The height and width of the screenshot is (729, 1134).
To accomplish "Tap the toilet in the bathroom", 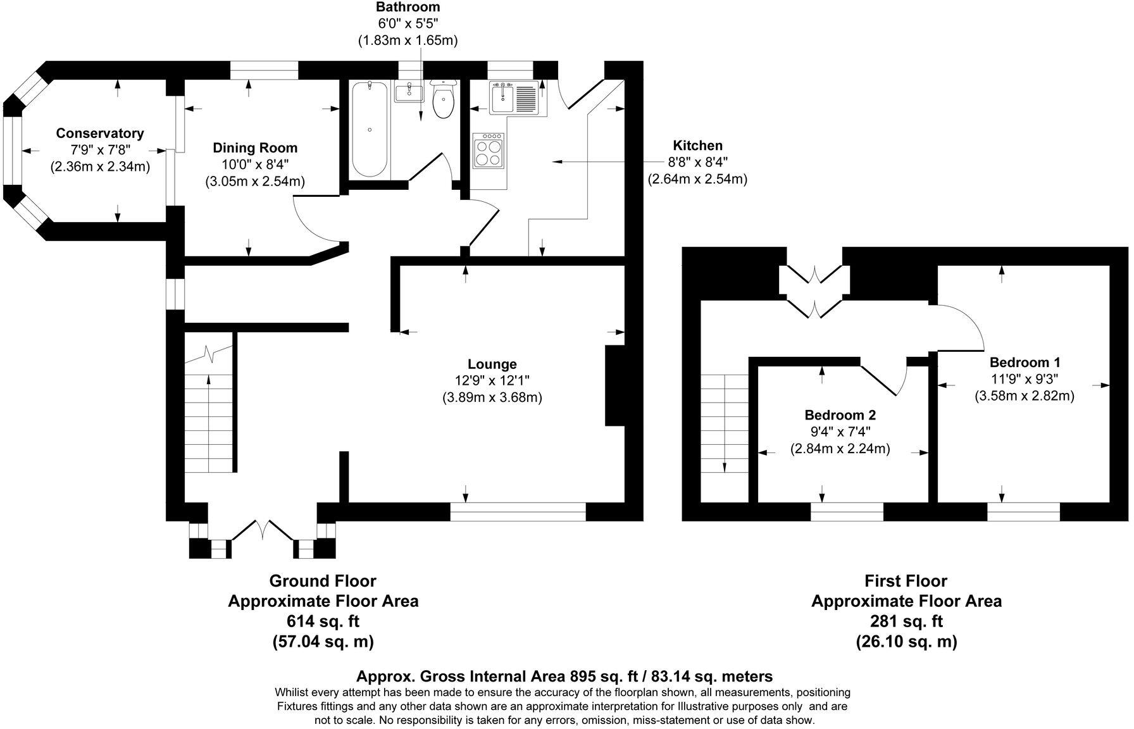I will pyautogui.click(x=443, y=101).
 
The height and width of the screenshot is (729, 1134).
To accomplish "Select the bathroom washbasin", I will pyautogui.click(x=410, y=92).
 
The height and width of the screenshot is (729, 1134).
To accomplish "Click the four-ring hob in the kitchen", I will pyautogui.click(x=488, y=151).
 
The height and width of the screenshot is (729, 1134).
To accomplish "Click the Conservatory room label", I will pyautogui.click(x=100, y=134).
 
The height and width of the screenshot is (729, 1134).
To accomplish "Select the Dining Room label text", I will pyautogui.click(x=255, y=148).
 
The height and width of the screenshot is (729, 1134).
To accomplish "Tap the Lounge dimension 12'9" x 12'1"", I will pyautogui.click(x=492, y=381).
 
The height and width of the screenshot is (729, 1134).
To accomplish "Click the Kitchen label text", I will pyautogui.click(x=697, y=146).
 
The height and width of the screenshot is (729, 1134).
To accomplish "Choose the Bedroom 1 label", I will pyautogui.click(x=1025, y=363).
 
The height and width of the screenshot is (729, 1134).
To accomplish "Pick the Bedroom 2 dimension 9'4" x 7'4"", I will pyautogui.click(x=840, y=432).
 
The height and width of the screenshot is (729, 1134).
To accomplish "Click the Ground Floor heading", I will pyautogui.click(x=323, y=581).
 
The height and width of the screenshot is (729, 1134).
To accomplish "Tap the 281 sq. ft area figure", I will pyautogui.click(x=906, y=621).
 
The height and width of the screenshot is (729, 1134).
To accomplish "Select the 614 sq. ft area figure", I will pyautogui.click(x=323, y=621).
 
